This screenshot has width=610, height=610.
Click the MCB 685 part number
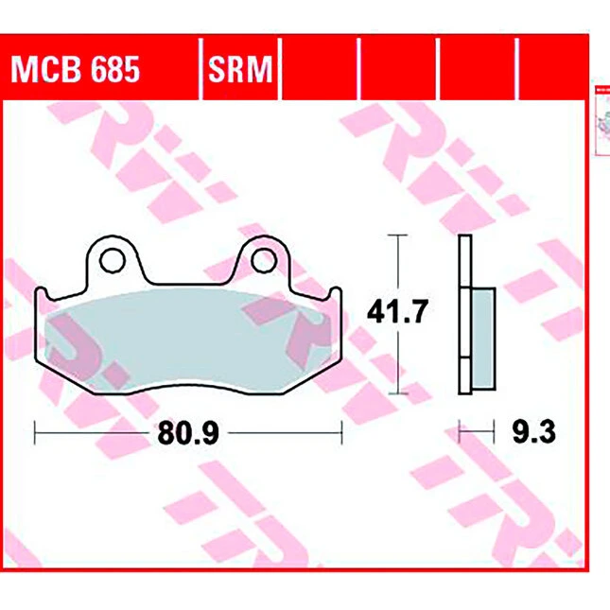(75, 69)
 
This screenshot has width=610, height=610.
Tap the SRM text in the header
(240, 69)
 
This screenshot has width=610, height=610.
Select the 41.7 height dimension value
(397, 311)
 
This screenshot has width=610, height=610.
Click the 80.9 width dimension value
(188, 432)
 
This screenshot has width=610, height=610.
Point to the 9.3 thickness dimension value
(533, 432)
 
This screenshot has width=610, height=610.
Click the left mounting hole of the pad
(113, 260)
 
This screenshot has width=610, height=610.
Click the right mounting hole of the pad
(264, 260)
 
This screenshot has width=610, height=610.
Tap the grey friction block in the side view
(483, 339)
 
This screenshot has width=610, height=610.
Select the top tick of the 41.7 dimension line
(397, 235)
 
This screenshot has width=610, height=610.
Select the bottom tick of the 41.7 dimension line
(397, 393)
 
